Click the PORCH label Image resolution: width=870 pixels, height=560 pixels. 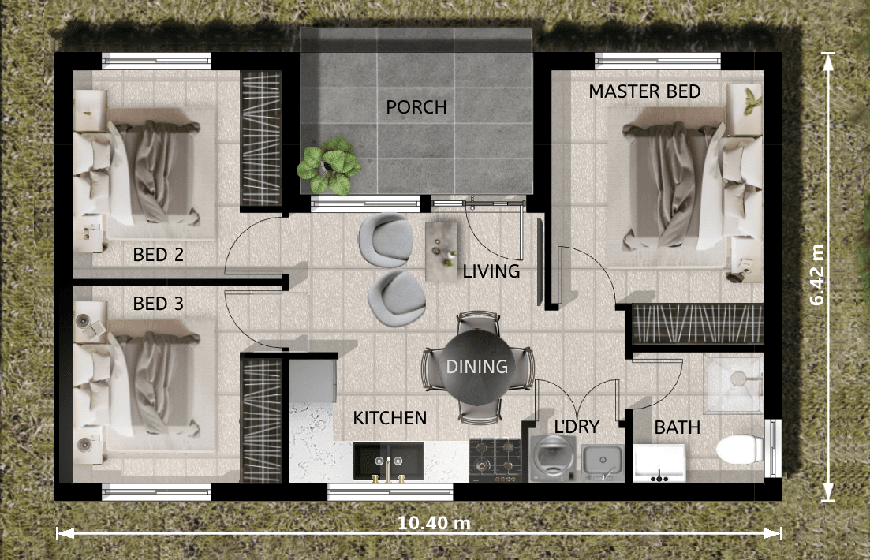(416, 107)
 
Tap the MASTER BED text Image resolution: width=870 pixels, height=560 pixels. (644, 91)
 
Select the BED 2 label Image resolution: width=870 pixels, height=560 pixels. (158, 255)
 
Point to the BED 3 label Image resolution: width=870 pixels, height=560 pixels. (158, 304)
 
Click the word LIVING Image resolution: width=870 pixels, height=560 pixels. (491, 271)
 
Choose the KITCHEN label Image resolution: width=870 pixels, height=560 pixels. (390, 418)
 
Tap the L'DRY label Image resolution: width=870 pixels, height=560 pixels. (577, 426)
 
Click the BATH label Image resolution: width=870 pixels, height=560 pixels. (677, 427)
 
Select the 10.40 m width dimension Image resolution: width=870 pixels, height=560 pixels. (434, 523)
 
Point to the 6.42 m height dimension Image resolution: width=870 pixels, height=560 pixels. (817, 274)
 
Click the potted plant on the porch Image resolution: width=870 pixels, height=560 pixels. (328, 166)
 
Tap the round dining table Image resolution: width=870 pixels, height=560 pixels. (477, 367)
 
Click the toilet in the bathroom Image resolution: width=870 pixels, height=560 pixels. (741, 449)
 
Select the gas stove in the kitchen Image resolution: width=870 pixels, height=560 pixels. (495, 460)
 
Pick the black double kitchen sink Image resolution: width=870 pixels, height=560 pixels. (388, 461)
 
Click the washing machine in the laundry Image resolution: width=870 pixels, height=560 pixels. (553, 458)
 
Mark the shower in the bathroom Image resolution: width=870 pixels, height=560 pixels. (733, 383)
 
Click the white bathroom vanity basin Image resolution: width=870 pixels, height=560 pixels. (659, 463)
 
